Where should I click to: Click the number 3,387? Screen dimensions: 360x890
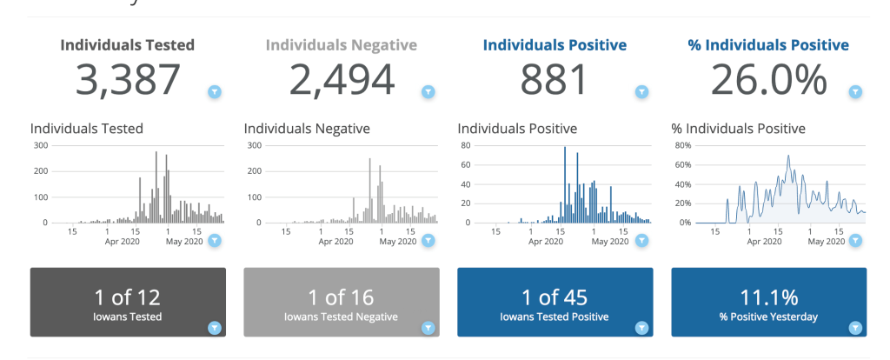pyautogui.click(x=128, y=80)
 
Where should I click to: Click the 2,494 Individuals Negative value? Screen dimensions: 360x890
pyautogui.click(x=342, y=80)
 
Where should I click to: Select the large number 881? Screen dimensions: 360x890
pyautogui.click(x=555, y=80)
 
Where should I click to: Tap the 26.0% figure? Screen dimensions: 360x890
pyautogui.click(x=768, y=80)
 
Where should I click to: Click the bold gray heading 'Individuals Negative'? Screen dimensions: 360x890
pyautogui.click(x=342, y=45)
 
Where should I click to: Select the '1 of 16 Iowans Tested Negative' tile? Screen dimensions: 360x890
pyautogui.click(x=342, y=302)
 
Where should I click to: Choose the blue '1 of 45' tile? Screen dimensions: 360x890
pyautogui.click(x=555, y=302)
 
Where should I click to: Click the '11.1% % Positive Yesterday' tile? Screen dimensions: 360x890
pyautogui.click(x=768, y=302)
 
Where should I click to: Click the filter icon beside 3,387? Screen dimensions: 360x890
pyautogui.click(x=215, y=91)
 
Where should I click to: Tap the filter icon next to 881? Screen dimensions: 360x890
pyautogui.click(x=641, y=91)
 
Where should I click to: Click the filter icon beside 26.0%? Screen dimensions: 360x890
pyautogui.click(x=855, y=91)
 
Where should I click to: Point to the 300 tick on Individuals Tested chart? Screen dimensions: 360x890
pyautogui.click(x=41, y=145)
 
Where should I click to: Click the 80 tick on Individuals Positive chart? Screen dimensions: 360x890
pyautogui.click(x=466, y=145)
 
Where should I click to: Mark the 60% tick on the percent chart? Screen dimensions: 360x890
pyautogui.click(x=682, y=164)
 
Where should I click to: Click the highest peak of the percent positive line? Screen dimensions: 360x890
pyautogui.click(x=788, y=157)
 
